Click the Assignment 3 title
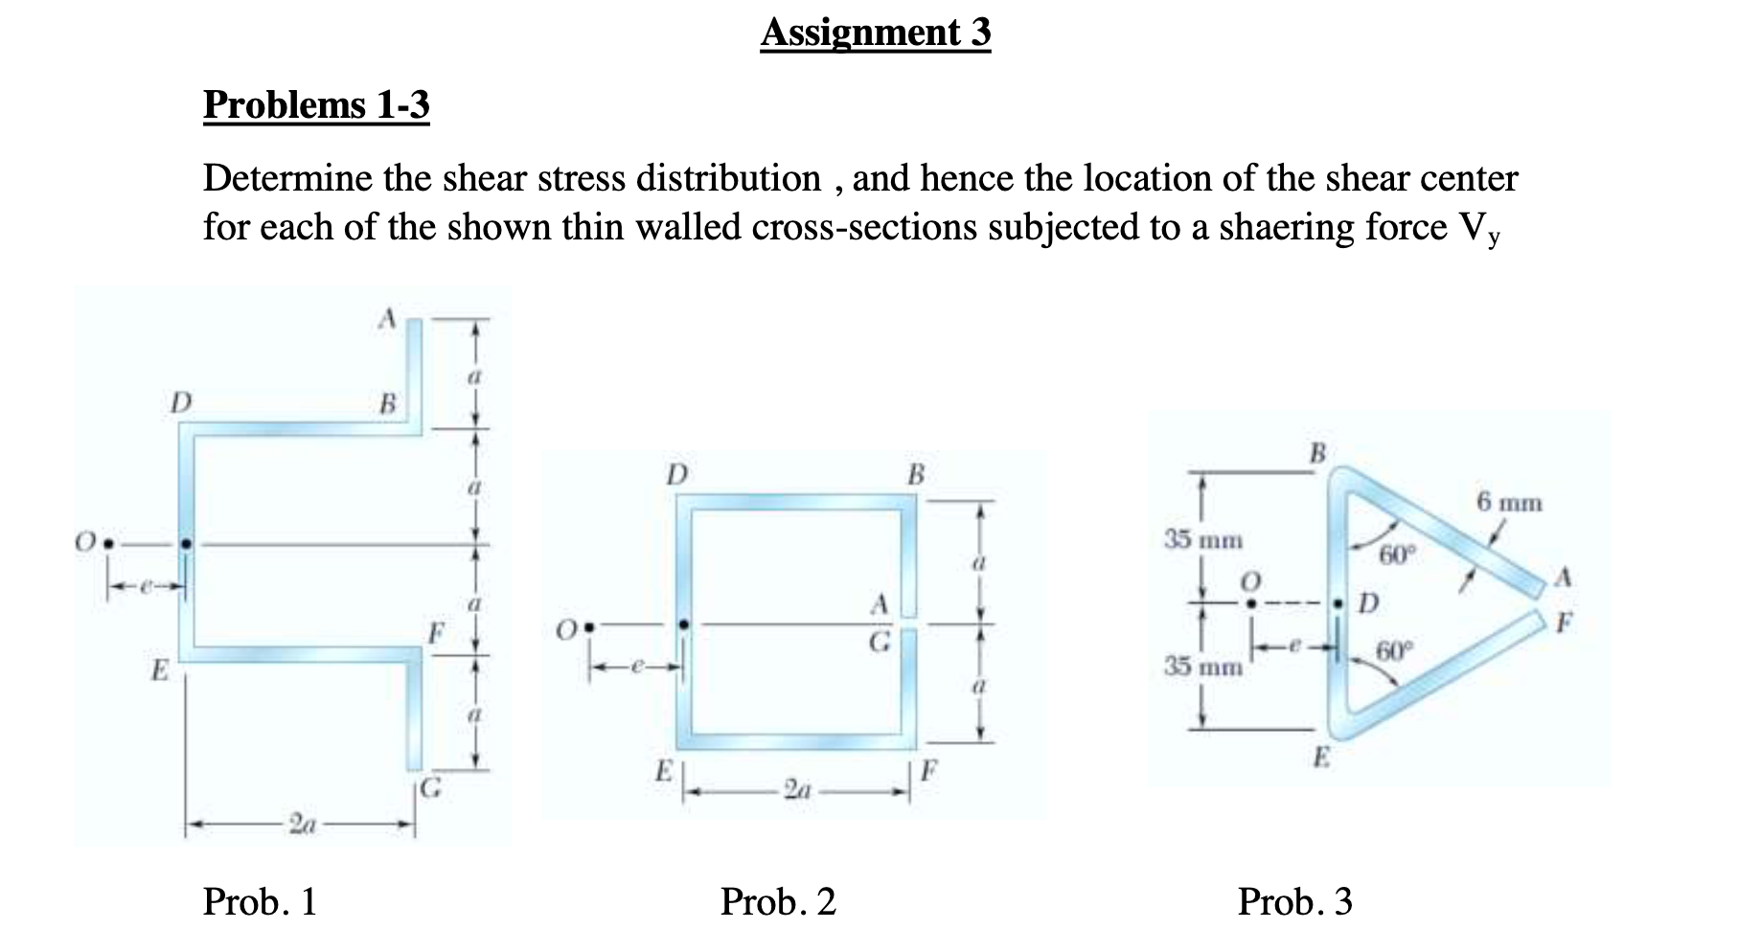click(x=876, y=33)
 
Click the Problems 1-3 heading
click(x=316, y=104)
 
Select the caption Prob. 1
click(x=260, y=902)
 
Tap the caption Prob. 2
click(x=778, y=902)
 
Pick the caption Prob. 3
click(x=1294, y=902)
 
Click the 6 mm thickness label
click(x=1509, y=502)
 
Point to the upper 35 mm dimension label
click(x=1203, y=540)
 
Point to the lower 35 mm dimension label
click(x=1203, y=665)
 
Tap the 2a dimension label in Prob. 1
click(x=304, y=824)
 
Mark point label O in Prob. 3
click(x=1249, y=581)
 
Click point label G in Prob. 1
click(x=432, y=789)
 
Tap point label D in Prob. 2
click(x=676, y=474)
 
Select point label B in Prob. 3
click(x=1317, y=452)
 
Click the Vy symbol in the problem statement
click(x=1479, y=230)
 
